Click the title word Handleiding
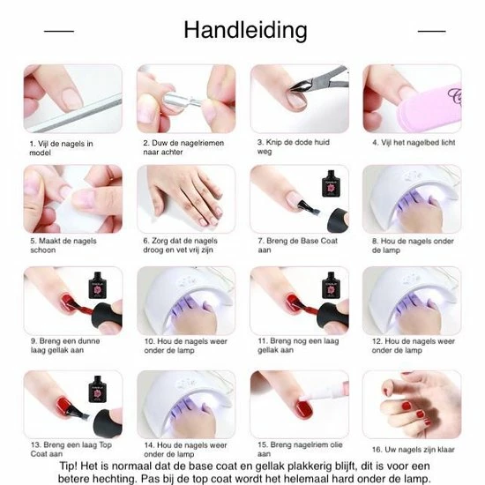coord(245,30)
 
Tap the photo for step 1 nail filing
coord(72,99)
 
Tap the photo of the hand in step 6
coord(186,199)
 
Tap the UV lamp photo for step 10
coord(186,301)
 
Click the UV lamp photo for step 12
coord(411,301)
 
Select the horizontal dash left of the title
coord(58,32)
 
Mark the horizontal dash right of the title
coord(432,32)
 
